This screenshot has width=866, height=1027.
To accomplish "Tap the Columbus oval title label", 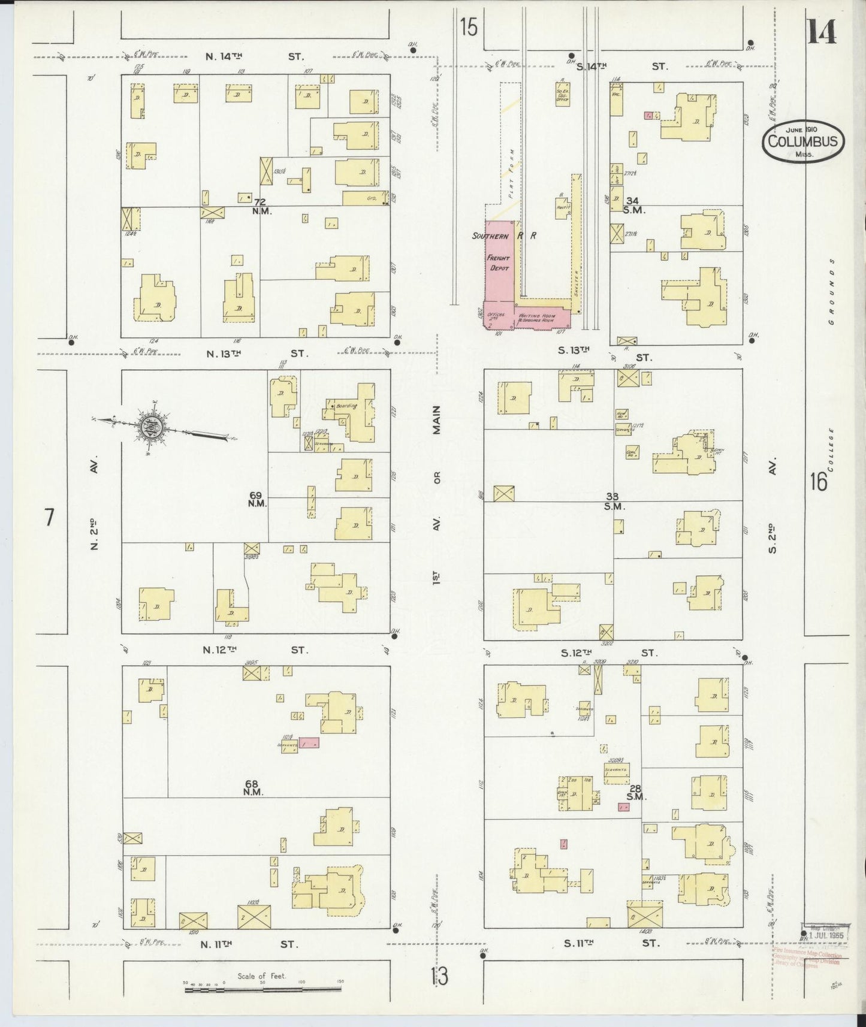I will click(803, 142).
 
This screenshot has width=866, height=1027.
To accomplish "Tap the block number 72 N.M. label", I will click(261, 207).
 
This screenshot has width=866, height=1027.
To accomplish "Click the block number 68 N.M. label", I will click(254, 787).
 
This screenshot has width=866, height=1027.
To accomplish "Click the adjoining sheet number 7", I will click(49, 516).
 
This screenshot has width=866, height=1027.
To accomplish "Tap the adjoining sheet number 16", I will click(818, 481).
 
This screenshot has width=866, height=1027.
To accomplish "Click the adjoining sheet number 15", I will click(469, 27).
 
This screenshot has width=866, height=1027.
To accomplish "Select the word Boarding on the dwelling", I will click(346, 406).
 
